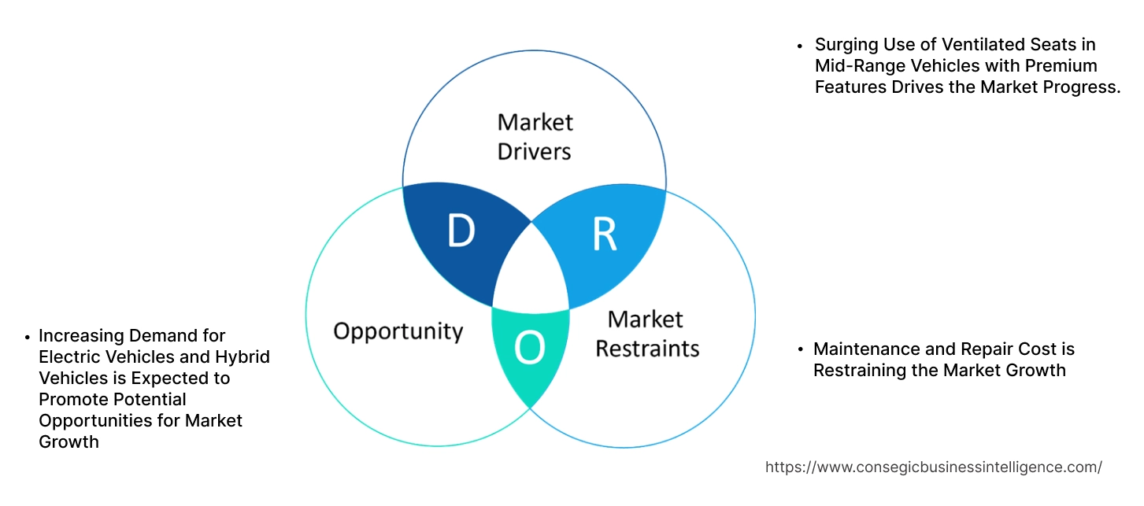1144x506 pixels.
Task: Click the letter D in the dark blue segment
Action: coord(461,231)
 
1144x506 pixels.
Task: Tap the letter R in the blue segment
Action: coord(604,235)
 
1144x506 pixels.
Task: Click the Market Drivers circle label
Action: coord(535,136)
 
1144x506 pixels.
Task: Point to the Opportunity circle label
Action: coord(398,331)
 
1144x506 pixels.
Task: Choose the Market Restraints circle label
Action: coord(646,333)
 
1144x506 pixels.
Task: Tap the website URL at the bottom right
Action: coord(933,467)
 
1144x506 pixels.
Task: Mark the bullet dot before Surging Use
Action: coord(800,46)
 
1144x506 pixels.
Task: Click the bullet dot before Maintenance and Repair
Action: coord(800,349)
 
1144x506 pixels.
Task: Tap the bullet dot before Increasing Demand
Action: coord(27,337)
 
